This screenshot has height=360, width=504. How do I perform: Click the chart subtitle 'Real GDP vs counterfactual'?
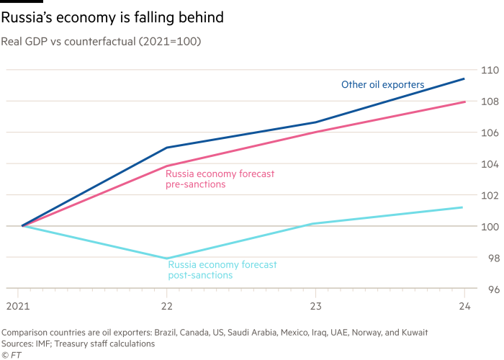(x=101, y=42)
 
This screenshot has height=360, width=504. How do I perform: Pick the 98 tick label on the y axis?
(x=490, y=258)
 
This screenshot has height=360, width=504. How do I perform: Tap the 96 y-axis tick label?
(x=490, y=289)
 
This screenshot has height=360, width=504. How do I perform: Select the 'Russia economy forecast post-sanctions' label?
(x=222, y=270)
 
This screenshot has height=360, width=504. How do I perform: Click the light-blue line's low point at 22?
(x=167, y=258)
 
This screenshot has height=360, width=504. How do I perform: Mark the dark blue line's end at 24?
(x=464, y=78)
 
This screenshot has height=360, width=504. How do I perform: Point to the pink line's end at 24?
(x=464, y=102)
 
